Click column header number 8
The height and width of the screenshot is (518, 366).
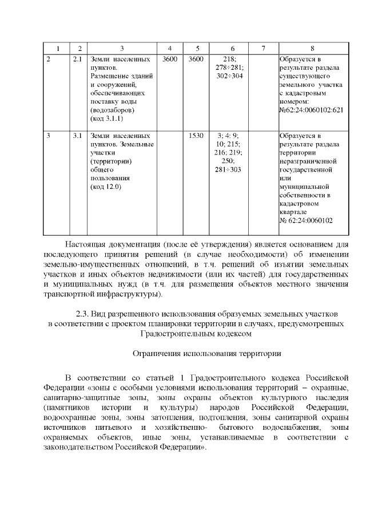click(312, 48)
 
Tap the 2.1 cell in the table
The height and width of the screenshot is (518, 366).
click(79, 59)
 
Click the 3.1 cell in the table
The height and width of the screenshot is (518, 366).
click(79, 136)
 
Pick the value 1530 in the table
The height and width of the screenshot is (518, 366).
click(196, 136)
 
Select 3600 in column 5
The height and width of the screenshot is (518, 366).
click(196, 59)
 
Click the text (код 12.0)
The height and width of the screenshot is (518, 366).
click(106, 187)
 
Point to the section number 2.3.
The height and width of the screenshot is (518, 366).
click(83, 314)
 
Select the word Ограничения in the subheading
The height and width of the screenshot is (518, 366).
click(154, 354)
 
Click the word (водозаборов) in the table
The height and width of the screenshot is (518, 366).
click(112, 110)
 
